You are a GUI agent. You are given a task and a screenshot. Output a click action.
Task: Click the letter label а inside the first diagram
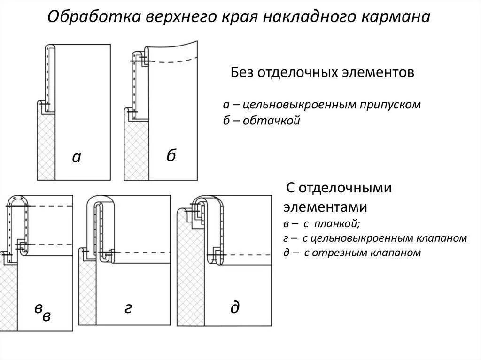[x=77, y=157]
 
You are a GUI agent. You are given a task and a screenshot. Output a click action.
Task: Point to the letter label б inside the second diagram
[x=171, y=155]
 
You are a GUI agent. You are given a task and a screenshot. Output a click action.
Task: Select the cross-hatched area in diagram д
[x=191, y=272]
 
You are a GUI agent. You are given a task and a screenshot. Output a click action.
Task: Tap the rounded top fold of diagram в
[x=17, y=199]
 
